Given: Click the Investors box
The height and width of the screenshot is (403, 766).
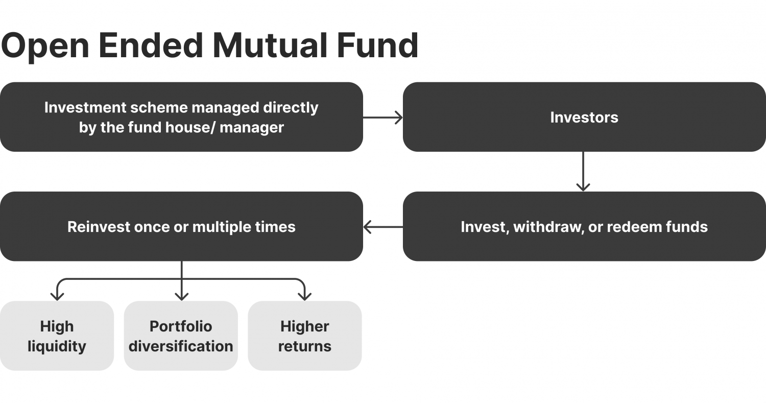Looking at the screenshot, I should point(584,117).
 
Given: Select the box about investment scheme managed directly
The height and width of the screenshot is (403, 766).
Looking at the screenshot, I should point(181,117).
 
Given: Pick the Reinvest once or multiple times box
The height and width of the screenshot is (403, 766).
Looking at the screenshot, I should point(181,226).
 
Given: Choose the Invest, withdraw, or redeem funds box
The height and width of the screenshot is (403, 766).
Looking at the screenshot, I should point(584,226).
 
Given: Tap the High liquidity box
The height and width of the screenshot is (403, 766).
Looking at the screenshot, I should point(57,336).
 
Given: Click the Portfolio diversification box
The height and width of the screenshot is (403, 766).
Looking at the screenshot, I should point(181,336).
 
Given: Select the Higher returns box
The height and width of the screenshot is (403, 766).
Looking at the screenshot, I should point(305,336).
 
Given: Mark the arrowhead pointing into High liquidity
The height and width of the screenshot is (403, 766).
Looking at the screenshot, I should point(57,296).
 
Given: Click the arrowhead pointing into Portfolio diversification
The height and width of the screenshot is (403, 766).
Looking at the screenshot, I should point(181,296).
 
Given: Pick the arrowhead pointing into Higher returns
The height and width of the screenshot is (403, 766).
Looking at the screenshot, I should point(305,296).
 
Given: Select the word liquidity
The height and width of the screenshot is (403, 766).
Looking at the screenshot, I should point(57,346).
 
